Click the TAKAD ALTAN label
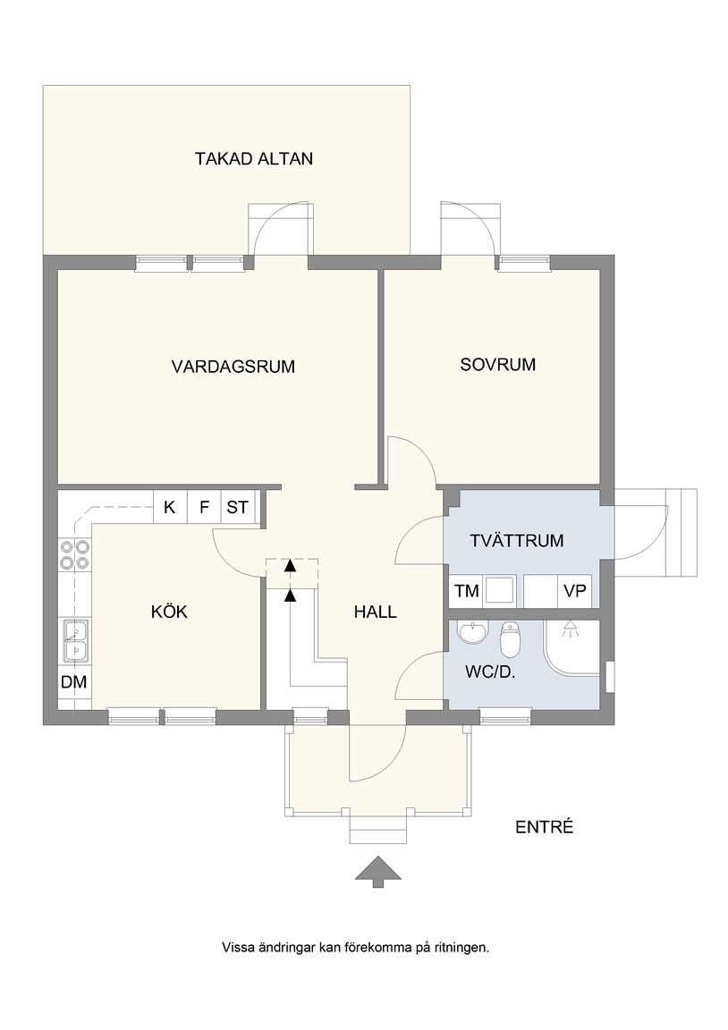pos(254,159)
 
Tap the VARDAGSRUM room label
pos(233,367)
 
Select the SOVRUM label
pos(498,365)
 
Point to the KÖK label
pos(170,612)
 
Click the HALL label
pos(375,612)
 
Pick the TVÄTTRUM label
pos(516,541)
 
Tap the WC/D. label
pos(489,672)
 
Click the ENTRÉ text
pos(544,827)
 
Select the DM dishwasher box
pos(74,682)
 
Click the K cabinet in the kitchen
pos(170,507)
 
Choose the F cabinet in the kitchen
pos(204,507)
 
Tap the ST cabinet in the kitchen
pos(237,507)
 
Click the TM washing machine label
pos(467,591)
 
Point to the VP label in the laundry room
pos(575,590)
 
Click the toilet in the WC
pos(510,640)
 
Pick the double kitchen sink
pos(74,640)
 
